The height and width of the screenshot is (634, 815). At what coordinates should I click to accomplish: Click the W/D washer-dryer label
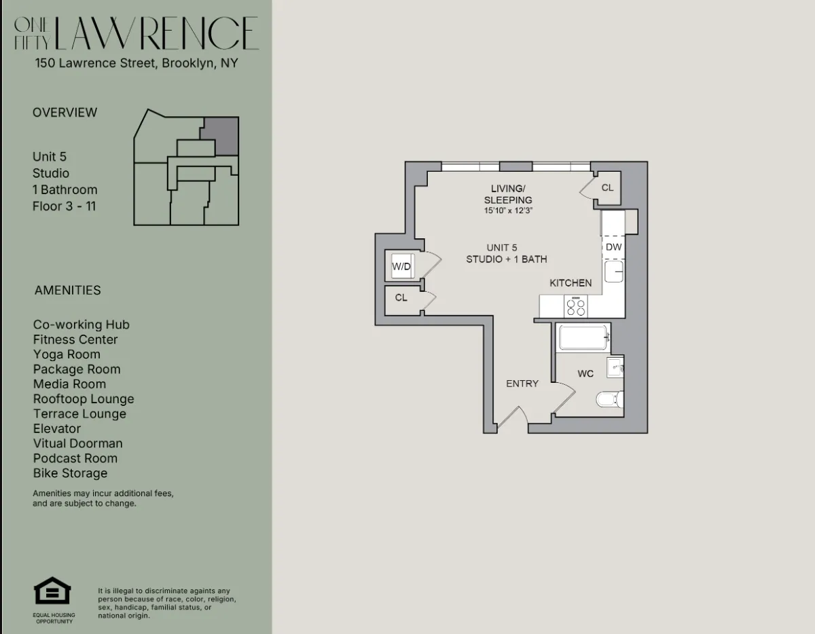pos(401,267)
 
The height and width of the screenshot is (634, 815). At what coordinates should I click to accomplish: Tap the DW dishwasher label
pos(613,247)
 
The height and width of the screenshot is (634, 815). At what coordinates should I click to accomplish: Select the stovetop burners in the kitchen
pos(576,307)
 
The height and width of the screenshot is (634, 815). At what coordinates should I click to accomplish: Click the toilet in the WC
pos(609,398)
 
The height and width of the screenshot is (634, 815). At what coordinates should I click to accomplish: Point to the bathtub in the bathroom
pos(583,338)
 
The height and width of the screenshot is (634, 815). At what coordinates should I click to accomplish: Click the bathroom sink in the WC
pos(615,367)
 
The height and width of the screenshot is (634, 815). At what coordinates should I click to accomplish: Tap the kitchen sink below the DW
pos(614,271)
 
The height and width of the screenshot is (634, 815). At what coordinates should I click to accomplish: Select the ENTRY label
pos(522,384)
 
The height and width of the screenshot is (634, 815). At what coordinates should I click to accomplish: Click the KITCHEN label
pos(570,282)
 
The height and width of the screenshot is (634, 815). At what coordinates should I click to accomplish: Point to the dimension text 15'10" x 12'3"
pos(508,211)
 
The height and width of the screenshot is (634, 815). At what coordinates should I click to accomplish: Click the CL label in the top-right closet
pos(607,187)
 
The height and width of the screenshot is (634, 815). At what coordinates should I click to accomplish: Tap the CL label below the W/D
pos(401,297)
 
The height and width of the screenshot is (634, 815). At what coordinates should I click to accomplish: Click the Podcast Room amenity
pos(75,458)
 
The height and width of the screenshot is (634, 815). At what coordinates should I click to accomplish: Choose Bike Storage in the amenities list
pos(71,473)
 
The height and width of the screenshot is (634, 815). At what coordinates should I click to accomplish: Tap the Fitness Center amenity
pos(75,339)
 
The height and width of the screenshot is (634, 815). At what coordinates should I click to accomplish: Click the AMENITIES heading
pos(68,290)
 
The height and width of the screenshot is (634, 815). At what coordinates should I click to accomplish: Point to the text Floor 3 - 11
pos(65,206)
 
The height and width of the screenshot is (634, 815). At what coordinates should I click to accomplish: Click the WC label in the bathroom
pos(585,373)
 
